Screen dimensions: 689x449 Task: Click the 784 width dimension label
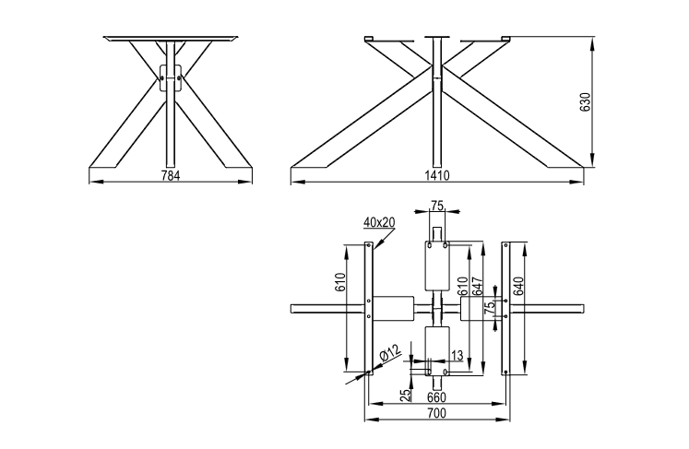(171, 176)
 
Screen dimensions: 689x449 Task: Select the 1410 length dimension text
(437, 176)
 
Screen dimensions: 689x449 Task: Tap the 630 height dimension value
(587, 102)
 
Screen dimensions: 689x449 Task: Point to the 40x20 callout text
(379, 222)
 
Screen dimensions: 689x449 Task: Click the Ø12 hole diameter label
(389, 353)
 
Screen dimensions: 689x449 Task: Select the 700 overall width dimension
(437, 413)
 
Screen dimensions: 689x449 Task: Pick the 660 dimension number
(437, 397)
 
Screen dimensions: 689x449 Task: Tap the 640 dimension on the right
(518, 287)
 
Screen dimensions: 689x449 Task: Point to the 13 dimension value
(457, 355)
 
